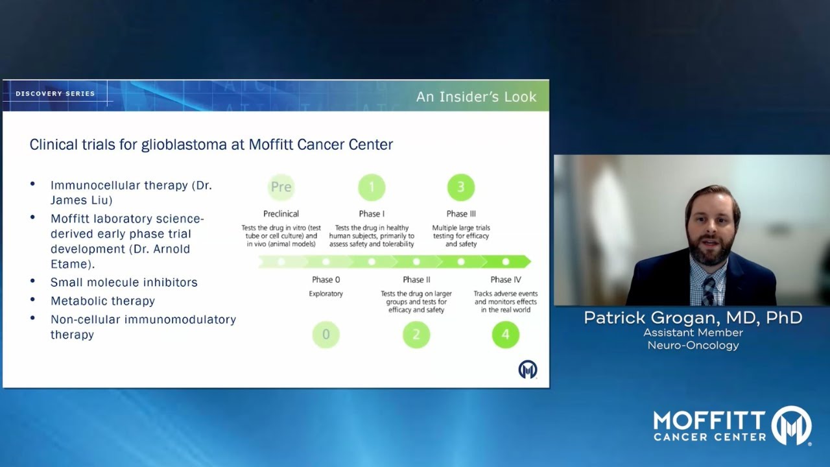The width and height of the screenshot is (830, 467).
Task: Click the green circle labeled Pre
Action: pyautogui.click(x=281, y=187)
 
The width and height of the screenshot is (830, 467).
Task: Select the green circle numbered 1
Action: pyautogui.click(x=372, y=187)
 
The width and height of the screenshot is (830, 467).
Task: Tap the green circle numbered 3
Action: pyautogui.click(x=461, y=187)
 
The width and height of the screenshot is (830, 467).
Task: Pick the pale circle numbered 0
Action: pyautogui.click(x=326, y=335)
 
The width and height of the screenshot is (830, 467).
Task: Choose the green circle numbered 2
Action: pyautogui.click(x=416, y=335)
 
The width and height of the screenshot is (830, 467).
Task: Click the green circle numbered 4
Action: pyautogui.click(x=506, y=335)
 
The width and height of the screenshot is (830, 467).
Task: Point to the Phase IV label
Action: pyautogui.click(x=506, y=280)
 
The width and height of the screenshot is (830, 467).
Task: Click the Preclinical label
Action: pyautogui.click(x=281, y=214)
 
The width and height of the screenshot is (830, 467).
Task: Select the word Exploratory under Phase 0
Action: pyautogui.click(x=326, y=294)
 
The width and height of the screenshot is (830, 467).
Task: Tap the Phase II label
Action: pyautogui.click(x=416, y=280)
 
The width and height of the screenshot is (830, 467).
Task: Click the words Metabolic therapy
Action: pyautogui.click(x=102, y=301)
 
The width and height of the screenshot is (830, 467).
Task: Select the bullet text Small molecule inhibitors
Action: pyautogui.click(x=124, y=282)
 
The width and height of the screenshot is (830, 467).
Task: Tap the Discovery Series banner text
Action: pyautogui.click(x=55, y=94)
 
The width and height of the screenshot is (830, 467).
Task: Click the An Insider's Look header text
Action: pyautogui.click(x=476, y=97)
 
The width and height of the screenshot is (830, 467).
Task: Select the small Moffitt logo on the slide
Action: pyautogui.click(x=528, y=370)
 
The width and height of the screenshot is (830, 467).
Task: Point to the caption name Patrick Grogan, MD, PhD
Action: pyautogui.click(x=693, y=318)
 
